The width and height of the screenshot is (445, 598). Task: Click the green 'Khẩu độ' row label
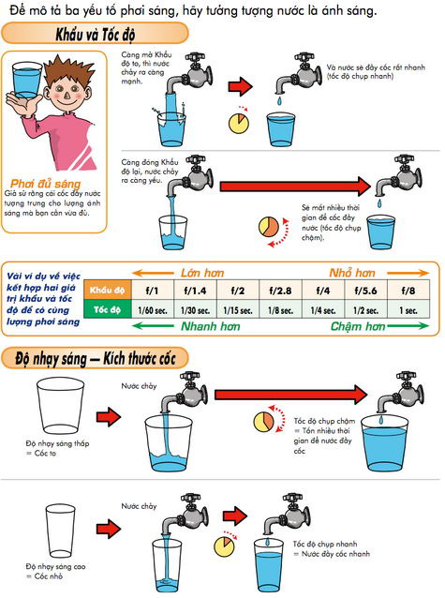105,291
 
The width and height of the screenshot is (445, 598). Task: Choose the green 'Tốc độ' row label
105,309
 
